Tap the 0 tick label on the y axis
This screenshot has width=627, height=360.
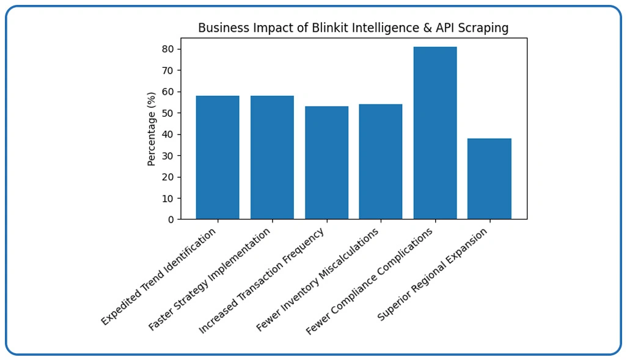(171, 219)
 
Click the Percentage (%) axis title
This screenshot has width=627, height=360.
(152, 128)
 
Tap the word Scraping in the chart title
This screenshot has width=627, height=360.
(486, 29)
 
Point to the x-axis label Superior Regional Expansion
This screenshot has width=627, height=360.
(433, 274)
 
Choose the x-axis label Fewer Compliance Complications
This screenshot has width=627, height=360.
(369, 281)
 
